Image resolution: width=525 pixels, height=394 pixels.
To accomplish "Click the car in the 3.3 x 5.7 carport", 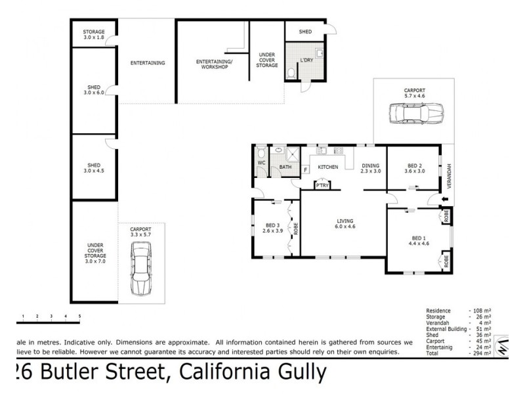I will pos(141,268).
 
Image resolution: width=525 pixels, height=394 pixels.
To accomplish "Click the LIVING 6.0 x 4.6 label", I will pos(345,224).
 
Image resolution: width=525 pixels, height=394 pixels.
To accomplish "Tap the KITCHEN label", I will pos(328,167).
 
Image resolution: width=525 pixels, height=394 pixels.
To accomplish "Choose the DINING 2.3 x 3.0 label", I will pos(371,168).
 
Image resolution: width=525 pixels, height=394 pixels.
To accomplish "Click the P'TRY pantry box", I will pos(322,186).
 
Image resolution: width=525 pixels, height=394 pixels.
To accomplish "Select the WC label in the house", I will pos(261,162).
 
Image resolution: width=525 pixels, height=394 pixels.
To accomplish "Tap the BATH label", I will pos(285,167).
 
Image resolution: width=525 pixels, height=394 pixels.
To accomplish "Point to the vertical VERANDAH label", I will pos(450,175).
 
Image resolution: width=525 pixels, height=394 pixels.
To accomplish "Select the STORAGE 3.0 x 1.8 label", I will pos(94,35).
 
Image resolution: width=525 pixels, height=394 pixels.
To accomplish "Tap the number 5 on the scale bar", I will pos(79,317).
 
